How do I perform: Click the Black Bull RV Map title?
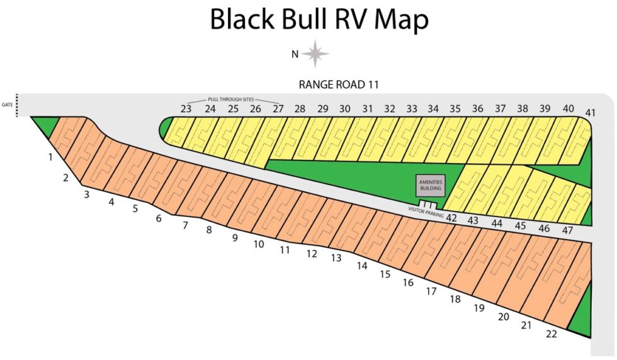[319, 20]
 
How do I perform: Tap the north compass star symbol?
[315, 53]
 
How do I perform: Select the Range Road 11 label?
[339, 84]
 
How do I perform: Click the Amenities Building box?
[431, 184]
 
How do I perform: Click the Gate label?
[7, 104]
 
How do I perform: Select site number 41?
[590, 113]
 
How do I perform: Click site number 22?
[551, 334]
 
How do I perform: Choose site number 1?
[50, 157]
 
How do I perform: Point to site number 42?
[451, 218]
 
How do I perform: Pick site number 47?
[567, 230]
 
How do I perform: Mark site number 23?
[186, 109]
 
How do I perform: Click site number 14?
[361, 266]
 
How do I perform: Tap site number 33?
[411, 109]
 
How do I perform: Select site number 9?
[234, 238]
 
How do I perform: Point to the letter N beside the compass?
[294, 54]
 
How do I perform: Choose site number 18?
[455, 300]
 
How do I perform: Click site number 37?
[500, 109]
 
